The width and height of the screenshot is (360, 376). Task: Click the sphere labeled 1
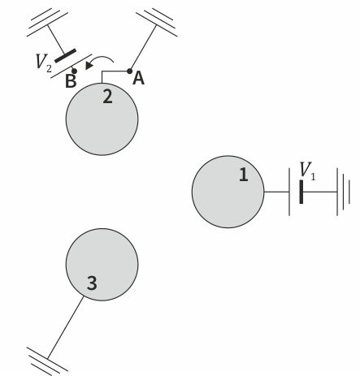click(x=228, y=192)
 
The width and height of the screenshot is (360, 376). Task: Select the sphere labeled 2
click(x=102, y=119)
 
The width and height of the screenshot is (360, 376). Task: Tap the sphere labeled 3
click(x=102, y=265)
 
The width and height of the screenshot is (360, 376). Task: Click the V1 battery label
click(x=307, y=171)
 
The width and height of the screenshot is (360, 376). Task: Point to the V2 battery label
click(x=43, y=63)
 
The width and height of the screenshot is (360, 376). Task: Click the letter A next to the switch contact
click(x=138, y=79)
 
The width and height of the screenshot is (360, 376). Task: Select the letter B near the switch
click(x=71, y=81)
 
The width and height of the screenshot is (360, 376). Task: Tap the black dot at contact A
click(x=129, y=71)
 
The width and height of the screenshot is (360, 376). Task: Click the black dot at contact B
click(x=74, y=71)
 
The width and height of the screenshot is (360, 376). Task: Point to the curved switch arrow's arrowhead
click(x=89, y=65)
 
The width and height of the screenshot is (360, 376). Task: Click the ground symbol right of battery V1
click(x=344, y=192)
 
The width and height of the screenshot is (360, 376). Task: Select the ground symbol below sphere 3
click(x=47, y=361)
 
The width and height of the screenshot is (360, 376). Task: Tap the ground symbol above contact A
click(x=157, y=22)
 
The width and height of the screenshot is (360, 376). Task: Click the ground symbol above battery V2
click(x=47, y=22)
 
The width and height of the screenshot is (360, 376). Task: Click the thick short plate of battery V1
click(x=301, y=192)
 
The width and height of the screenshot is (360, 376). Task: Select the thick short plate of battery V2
click(x=65, y=56)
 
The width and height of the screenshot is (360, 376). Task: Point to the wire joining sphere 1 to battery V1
click(x=276, y=192)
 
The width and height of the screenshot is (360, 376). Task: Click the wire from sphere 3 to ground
click(x=65, y=328)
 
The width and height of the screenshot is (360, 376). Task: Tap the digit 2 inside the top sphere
click(x=107, y=97)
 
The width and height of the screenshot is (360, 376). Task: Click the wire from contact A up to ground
click(x=143, y=48)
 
